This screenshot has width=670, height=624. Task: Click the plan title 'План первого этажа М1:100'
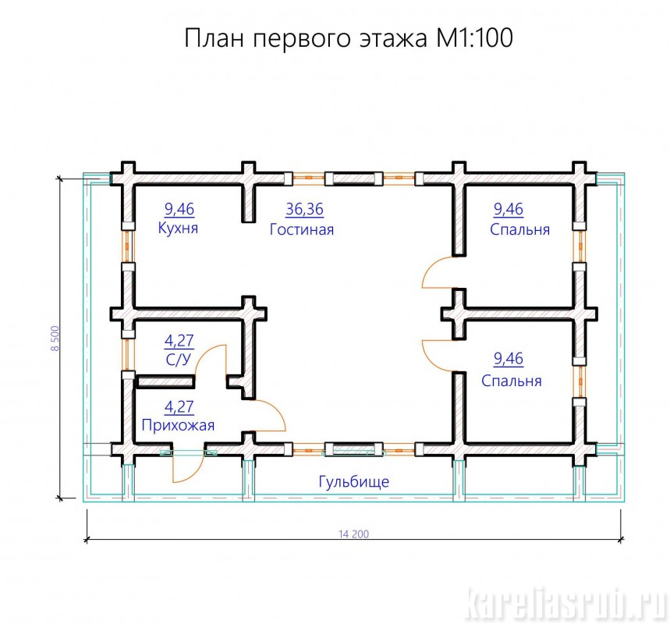point(348,38)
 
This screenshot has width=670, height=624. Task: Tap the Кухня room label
point(178,228)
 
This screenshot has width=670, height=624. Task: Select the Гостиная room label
point(302,229)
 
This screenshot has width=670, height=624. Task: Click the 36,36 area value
point(305,209)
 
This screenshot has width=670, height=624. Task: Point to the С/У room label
point(179,360)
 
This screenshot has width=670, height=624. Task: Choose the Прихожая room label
point(178,425)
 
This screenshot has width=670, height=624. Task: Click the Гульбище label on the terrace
point(354,482)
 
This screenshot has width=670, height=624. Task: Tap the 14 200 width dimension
point(354,534)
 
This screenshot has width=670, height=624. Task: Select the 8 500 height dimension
point(55,339)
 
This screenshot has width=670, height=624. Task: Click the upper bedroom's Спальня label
point(519,229)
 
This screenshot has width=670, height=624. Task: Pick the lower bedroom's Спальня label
point(512,381)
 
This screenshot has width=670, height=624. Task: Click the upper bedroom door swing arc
point(428,267)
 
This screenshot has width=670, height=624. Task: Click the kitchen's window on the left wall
point(128,246)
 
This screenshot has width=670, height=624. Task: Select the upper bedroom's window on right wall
point(580,246)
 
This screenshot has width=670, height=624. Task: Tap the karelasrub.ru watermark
point(566,604)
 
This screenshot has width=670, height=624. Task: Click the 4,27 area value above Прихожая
point(179,407)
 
